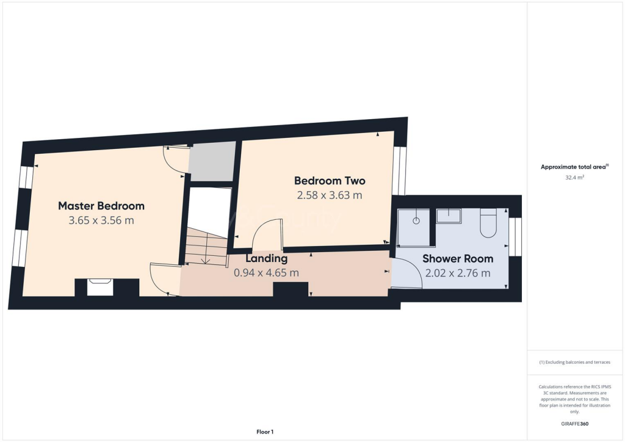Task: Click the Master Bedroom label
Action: click(x=101, y=205)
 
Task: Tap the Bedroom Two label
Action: click(x=330, y=181)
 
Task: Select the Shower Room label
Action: click(x=458, y=258)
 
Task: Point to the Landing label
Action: click(x=266, y=258)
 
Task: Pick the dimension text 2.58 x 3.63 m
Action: click(x=330, y=195)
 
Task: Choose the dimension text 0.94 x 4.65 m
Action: click(x=266, y=273)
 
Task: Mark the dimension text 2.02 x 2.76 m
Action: click(x=458, y=273)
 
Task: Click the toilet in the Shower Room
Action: click(x=490, y=224)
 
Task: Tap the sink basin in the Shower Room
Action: click(x=449, y=216)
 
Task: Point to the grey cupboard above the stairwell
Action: click(x=212, y=162)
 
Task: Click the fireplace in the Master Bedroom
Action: click(x=100, y=287)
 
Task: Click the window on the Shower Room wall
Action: click(x=516, y=236)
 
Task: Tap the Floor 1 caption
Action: click(x=264, y=432)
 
